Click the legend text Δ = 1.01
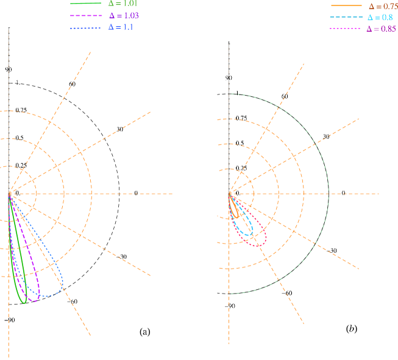[x=122, y=4]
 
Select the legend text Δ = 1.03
[x=123, y=15]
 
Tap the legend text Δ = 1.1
[x=121, y=27]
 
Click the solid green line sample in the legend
[x=85, y=4]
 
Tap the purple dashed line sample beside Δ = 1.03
[x=85, y=15]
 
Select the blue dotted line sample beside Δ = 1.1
[x=85, y=27]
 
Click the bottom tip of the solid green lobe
[x=24, y=302]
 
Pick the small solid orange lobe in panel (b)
[x=235, y=208]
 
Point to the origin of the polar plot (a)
[x=9, y=194]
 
